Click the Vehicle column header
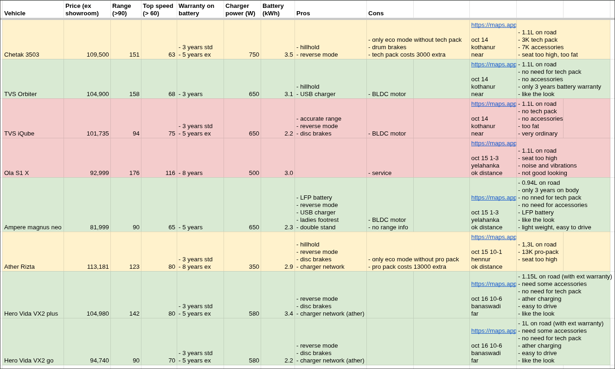(x=15, y=13)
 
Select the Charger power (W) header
(x=240, y=9)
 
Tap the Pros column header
(x=303, y=13)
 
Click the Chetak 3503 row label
(x=22, y=54)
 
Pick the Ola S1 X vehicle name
(x=17, y=173)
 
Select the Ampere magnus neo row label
(x=33, y=227)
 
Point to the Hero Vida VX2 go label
(x=29, y=360)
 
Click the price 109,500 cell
(x=98, y=54)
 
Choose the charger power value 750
(x=254, y=54)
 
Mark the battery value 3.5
(x=288, y=54)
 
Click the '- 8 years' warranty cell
(x=191, y=173)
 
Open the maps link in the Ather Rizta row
(x=493, y=237)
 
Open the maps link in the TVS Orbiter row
(x=493, y=64)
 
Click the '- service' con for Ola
(x=380, y=173)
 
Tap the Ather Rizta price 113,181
(x=98, y=266)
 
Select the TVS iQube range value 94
(x=136, y=133)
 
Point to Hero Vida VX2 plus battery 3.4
(x=288, y=313)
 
